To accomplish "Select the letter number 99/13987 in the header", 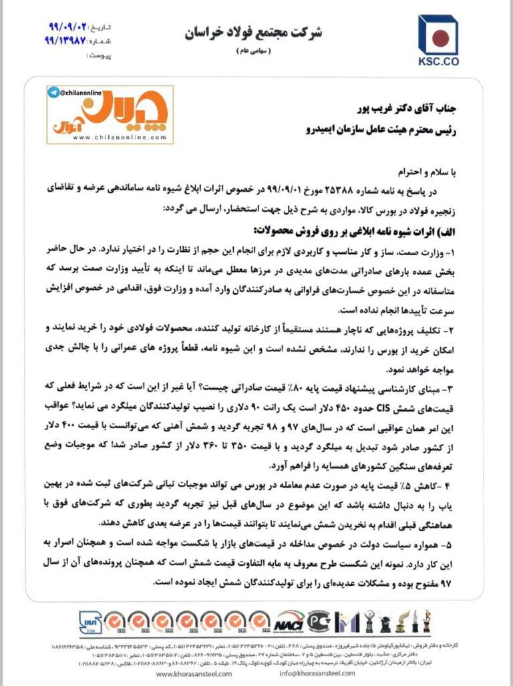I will [x=67, y=41].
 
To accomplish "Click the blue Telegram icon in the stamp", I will [x=53, y=92].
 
